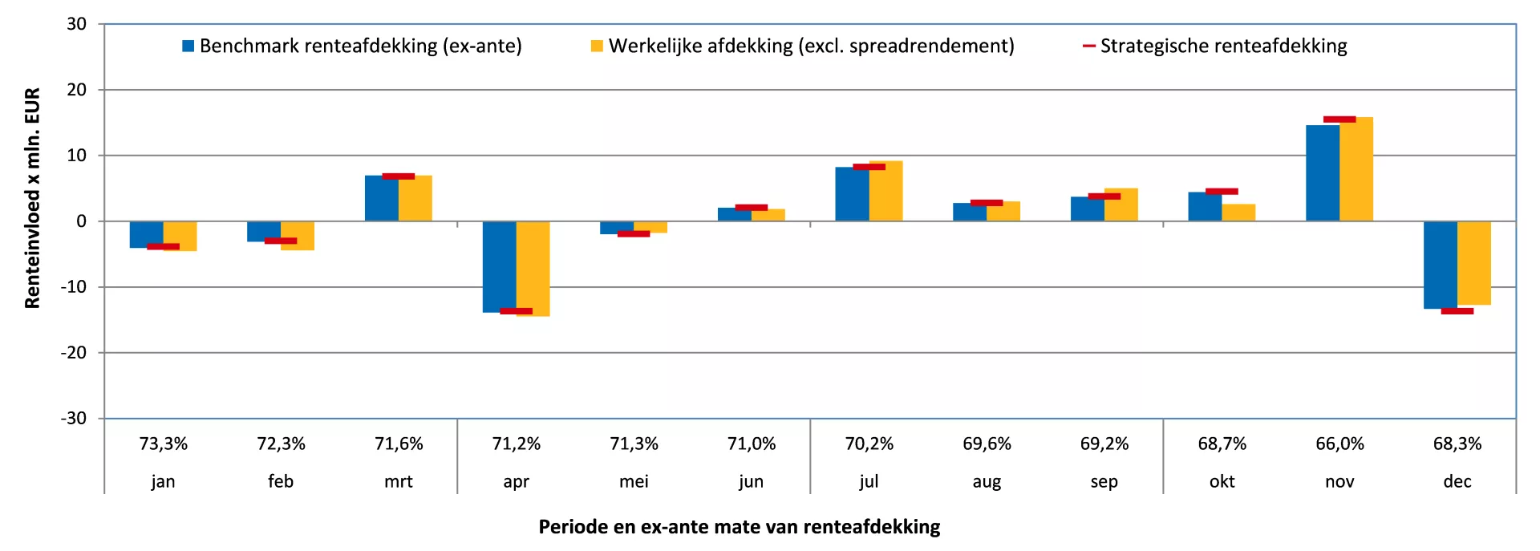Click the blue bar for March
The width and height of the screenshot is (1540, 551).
pyautogui.click(x=381, y=199)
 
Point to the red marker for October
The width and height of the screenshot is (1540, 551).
pyautogui.click(x=1222, y=192)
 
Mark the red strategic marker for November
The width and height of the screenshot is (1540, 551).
pyautogui.click(x=1339, y=120)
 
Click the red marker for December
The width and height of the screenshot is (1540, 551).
pyautogui.click(x=1457, y=311)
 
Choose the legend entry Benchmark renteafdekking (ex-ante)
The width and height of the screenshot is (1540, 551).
pyautogui.click(x=352, y=47)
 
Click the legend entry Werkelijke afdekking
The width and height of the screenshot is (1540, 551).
pyautogui.click(x=802, y=47)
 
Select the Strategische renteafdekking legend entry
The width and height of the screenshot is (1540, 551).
pyautogui.click(x=1214, y=47)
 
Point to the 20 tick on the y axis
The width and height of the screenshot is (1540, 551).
pyautogui.click(x=77, y=90)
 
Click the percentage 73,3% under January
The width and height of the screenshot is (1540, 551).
pyautogui.click(x=164, y=444)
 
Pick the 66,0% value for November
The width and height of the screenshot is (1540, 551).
pyautogui.click(x=1339, y=444)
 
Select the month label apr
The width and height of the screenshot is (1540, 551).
pyautogui.click(x=516, y=481)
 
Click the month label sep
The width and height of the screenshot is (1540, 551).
pyautogui.click(x=1104, y=481)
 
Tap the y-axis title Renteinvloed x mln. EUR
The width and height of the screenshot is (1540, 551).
pyautogui.click(x=32, y=198)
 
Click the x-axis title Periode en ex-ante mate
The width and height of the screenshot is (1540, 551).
pyautogui.click(x=739, y=527)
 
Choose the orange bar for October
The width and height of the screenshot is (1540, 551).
pyautogui.click(x=1238, y=213)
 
